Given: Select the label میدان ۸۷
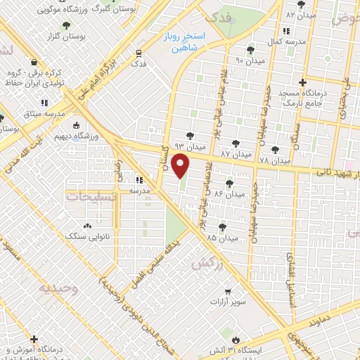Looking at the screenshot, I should tap(235, 153).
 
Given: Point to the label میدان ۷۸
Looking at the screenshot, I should tap(274, 161).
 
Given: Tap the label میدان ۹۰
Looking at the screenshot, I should tap(249, 61).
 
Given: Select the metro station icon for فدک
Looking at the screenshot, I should tap(139, 53).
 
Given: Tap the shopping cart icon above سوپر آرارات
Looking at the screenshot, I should tap(227, 291).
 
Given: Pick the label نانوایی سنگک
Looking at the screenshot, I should tap(87, 238).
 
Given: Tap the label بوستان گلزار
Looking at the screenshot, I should tap(65, 37).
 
